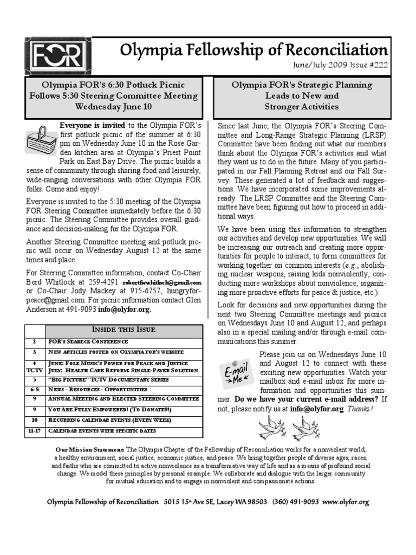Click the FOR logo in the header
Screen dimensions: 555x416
click(57, 56)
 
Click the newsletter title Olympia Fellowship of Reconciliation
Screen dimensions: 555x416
click(253, 50)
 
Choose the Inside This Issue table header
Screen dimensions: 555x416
click(123, 330)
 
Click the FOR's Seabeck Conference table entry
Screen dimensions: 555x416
click(88, 341)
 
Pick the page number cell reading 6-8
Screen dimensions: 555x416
click(35, 389)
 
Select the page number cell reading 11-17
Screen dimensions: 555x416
click(35, 430)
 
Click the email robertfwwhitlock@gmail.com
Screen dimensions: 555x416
click(162, 283)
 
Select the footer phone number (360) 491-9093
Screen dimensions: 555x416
click(296, 502)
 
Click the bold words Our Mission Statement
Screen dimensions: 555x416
click(90, 450)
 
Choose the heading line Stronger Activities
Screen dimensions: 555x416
click(302, 106)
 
